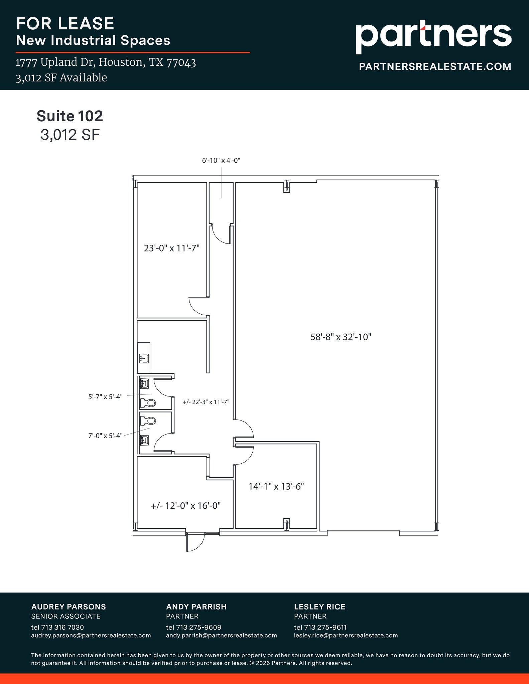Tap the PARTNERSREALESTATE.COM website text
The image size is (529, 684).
tap(435, 66)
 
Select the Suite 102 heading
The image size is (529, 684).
tap(70, 116)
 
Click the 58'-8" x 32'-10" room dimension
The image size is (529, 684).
tap(341, 337)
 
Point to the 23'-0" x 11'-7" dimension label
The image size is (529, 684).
tap(171, 248)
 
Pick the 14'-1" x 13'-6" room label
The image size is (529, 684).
tap(276, 486)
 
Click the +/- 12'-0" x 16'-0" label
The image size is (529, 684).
tap(185, 506)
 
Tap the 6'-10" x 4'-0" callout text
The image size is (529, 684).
tap(221, 160)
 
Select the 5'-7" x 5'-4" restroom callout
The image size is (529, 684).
tap(105, 397)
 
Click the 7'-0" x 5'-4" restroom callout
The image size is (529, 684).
tap(105, 436)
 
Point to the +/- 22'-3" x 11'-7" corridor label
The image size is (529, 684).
tap(206, 402)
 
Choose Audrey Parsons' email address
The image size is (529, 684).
tap(91, 635)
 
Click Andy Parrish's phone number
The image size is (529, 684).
tap(193, 627)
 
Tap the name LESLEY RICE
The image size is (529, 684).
tap(319, 607)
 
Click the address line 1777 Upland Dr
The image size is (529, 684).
tap(106, 62)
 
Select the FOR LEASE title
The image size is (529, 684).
tap(65, 24)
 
